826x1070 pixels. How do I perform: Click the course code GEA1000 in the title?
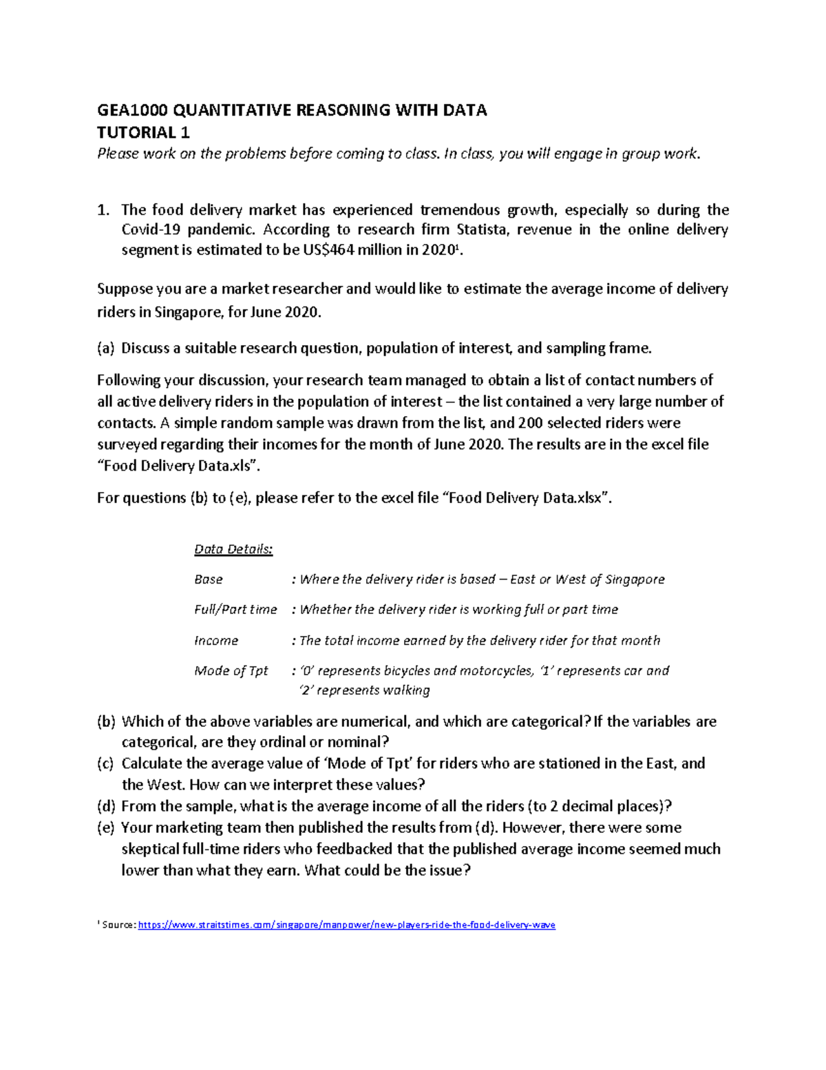[x=131, y=110]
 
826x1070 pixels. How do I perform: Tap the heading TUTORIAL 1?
[x=143, y=132]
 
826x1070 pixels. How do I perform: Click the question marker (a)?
[x=106, y=349]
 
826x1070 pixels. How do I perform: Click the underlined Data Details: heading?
[x=233, y=550]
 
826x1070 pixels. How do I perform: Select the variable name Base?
[x=208, y=579]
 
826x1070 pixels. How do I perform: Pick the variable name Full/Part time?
[x=235, y=610]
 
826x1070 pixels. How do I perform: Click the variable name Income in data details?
[x=215, y=641]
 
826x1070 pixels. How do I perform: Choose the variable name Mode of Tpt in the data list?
[x=231, y=671]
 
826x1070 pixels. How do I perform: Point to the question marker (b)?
[x=106, y=722]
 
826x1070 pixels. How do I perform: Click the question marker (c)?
[x=106, y=764]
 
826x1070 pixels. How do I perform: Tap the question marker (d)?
[x=106, y=807]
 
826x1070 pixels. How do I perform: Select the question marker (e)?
[x=106, y=828]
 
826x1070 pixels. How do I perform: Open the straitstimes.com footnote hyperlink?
[x=346, y=925]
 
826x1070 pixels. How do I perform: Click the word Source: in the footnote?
[x=118, y=925]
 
